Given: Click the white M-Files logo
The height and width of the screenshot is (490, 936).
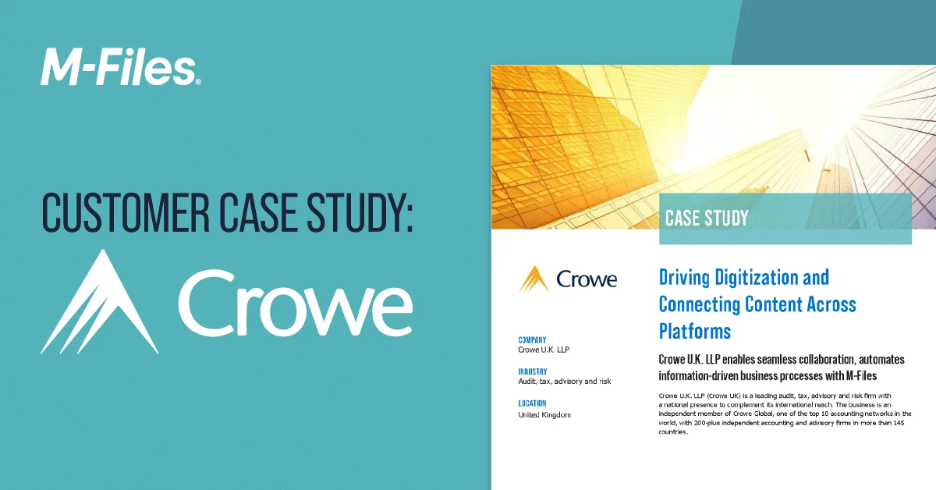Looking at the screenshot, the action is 120,67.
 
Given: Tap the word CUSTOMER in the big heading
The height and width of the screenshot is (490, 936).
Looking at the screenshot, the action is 126,212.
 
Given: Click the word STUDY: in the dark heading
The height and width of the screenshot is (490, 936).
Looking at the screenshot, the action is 360,212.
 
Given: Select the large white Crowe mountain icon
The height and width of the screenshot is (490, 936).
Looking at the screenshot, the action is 100,302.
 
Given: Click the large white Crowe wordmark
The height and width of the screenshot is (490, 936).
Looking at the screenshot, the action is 296,303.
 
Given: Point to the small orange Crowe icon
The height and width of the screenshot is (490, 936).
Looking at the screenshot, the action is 534,279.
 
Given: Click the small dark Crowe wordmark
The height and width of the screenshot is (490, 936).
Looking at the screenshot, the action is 587,279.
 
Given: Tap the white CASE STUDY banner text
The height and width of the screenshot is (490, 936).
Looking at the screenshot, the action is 707,218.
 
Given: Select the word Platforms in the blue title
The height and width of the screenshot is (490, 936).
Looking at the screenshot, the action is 694,331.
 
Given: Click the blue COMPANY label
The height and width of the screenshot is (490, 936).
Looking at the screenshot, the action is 532,340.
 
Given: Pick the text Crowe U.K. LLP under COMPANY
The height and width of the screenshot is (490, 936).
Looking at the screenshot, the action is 544,350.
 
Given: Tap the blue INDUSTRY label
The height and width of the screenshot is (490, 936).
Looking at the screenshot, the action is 532,371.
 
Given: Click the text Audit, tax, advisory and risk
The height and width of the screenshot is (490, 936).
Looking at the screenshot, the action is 565,382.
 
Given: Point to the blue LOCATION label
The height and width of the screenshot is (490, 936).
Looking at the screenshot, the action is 532,403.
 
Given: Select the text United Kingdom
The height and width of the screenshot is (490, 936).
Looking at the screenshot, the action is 544,415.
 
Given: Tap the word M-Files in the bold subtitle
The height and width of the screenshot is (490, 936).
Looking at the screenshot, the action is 861,376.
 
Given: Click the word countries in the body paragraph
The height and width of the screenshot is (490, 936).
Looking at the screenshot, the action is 672,432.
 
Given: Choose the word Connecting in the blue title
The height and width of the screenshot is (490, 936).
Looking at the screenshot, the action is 700,304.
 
